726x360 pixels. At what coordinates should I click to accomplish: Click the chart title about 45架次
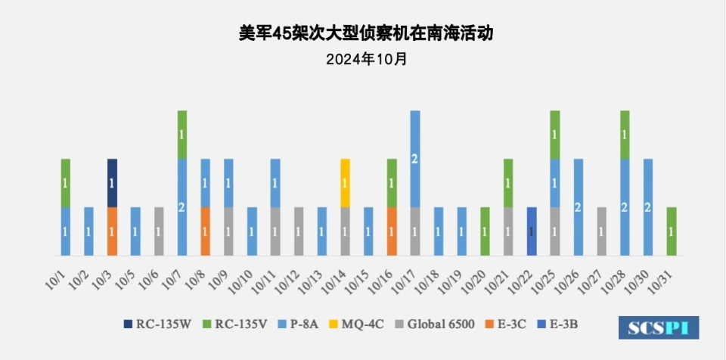coord(362,34)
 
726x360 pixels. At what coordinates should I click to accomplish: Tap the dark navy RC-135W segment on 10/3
coord(112,183)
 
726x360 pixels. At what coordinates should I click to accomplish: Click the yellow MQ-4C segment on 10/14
coord(345,183)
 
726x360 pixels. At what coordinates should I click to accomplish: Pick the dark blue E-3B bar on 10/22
coord(532,231)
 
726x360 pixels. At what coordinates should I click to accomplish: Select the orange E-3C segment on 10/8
coord(205,231)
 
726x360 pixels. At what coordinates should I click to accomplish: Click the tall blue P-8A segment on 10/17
coord(414,159)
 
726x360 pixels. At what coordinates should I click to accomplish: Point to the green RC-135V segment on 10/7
coord(182,135)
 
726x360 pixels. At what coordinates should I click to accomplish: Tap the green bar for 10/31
coord(672,231)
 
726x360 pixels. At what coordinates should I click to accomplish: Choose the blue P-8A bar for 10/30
coord(648,207)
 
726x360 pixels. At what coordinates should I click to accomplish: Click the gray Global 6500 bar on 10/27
coord(601,231)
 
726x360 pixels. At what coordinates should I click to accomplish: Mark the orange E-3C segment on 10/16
coord(392,231)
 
